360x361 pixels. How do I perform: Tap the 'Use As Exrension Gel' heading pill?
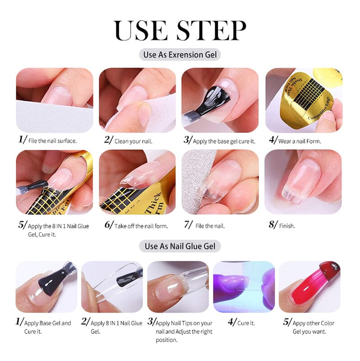[180, 55]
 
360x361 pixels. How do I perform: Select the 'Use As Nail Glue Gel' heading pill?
[180, 246]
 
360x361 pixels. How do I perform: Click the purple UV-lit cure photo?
[244, 287]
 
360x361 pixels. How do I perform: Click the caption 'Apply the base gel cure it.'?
[224, 141]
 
